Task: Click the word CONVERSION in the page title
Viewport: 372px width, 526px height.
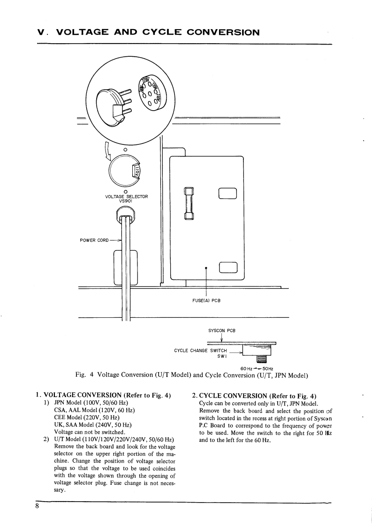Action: coord(223,32)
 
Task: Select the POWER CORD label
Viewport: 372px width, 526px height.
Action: coord(96,240)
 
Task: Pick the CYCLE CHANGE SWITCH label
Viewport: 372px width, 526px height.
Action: coord(200,350)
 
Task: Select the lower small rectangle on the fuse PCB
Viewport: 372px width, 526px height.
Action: coord(228,267)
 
